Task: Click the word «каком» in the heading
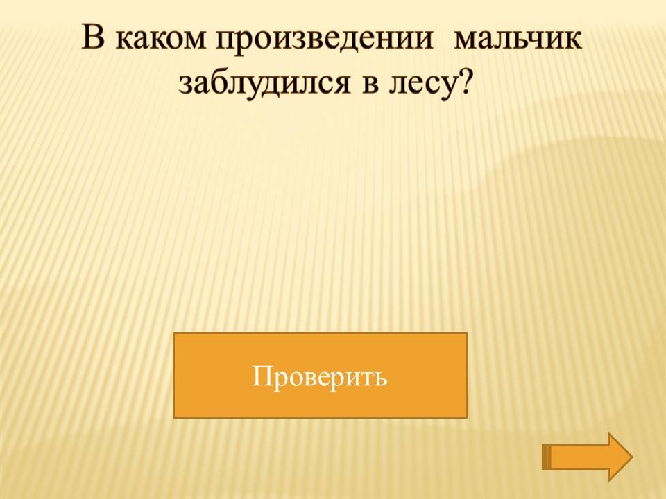(x=160, y=39)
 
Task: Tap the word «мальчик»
(x=517, y=39)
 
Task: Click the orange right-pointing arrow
(x=588, y=457)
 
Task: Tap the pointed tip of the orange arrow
(x=633, y=457)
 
